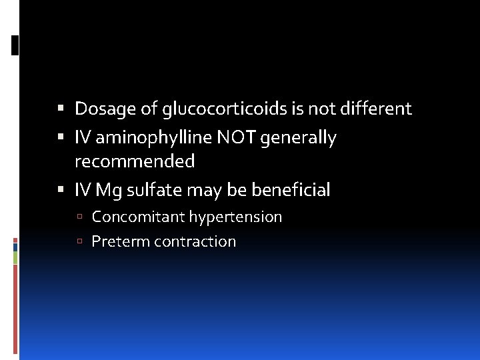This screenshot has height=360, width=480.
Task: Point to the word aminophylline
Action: tap(155, 138)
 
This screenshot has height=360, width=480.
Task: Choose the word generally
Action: tap(299, 138)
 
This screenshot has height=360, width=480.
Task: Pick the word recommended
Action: tap(135, 161)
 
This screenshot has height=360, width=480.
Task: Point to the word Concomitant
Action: tap(138, 217)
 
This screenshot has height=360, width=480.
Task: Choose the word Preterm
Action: tap(120, 241)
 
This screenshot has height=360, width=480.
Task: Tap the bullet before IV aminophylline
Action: tap(61, 138)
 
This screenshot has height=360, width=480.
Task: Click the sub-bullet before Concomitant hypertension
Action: tap(79, 217)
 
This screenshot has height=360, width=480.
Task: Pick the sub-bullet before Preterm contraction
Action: tap(79, 242)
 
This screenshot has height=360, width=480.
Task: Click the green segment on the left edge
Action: tap(15, 257)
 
